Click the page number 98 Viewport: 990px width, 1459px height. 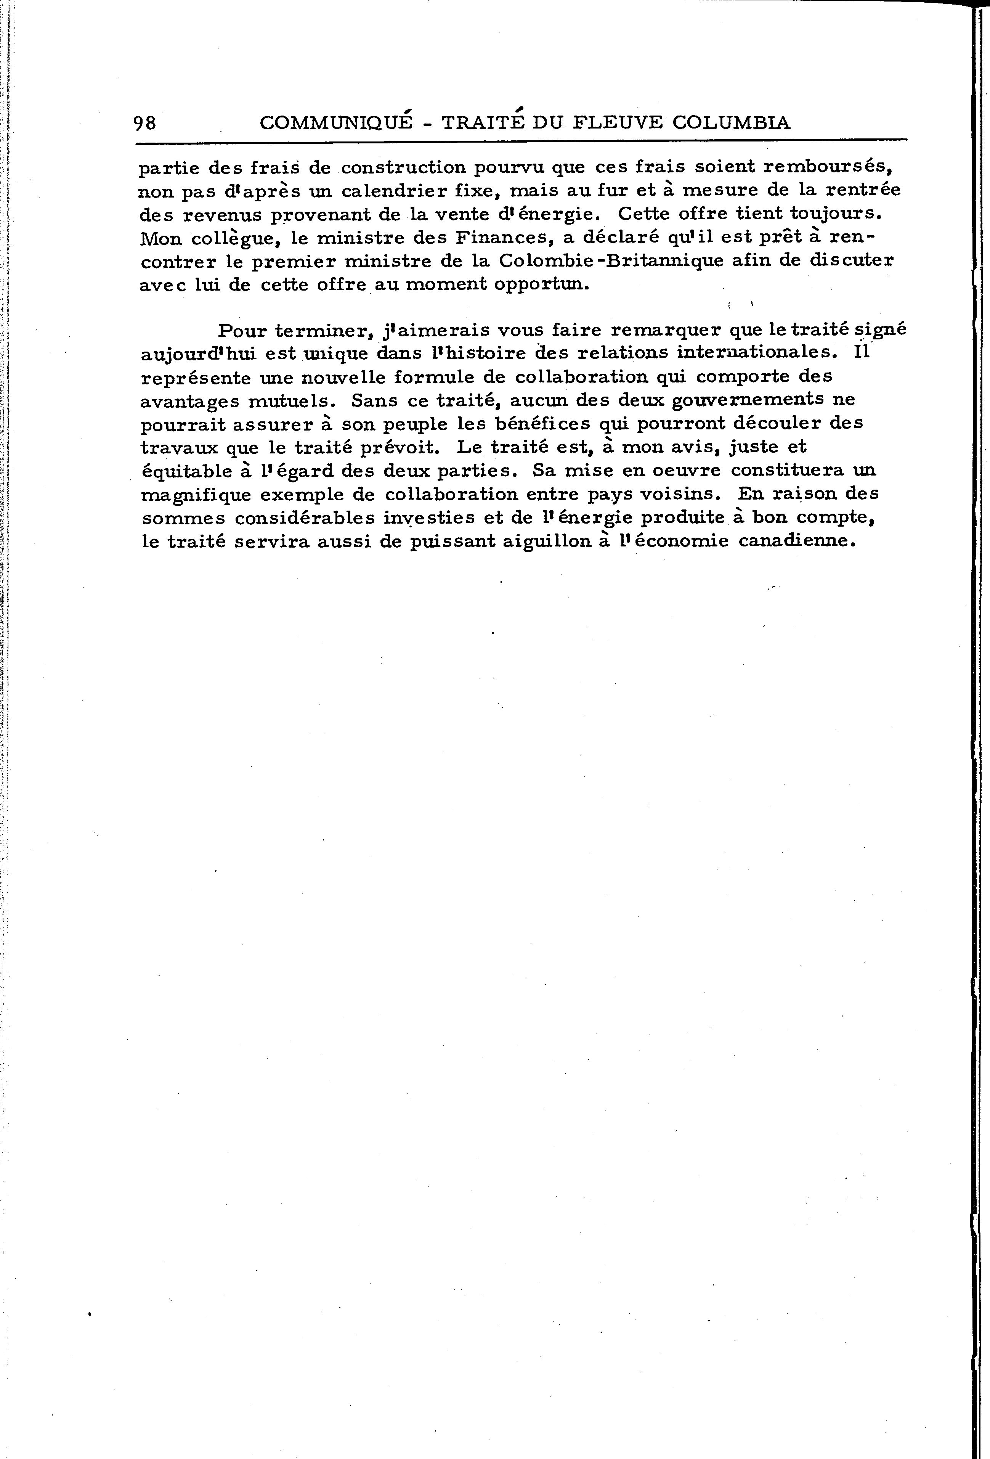click(144, 122)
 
